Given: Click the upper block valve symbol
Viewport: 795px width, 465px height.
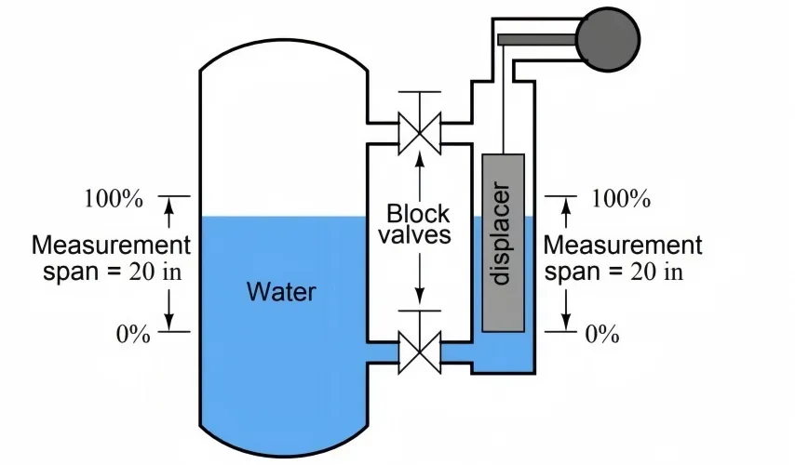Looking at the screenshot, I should (x=418, y=132).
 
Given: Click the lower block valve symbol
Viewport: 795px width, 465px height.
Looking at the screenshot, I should (x=418, y=352).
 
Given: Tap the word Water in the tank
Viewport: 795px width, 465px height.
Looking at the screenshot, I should (x=281, y=292).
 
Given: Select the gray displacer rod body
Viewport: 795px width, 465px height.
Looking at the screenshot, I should (x=504, y=243).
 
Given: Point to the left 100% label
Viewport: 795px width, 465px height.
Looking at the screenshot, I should (x=113, y=198).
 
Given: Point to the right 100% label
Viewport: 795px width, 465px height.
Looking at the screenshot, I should (x=621, y=198).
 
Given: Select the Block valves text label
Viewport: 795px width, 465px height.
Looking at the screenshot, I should (x=419, y=224).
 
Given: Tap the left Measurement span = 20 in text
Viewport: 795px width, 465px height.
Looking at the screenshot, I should (x=111, y=259).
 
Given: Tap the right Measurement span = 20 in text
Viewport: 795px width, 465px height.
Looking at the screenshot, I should (x=622, y=259).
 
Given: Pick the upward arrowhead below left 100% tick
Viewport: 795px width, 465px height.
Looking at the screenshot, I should (x=169, y=209).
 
